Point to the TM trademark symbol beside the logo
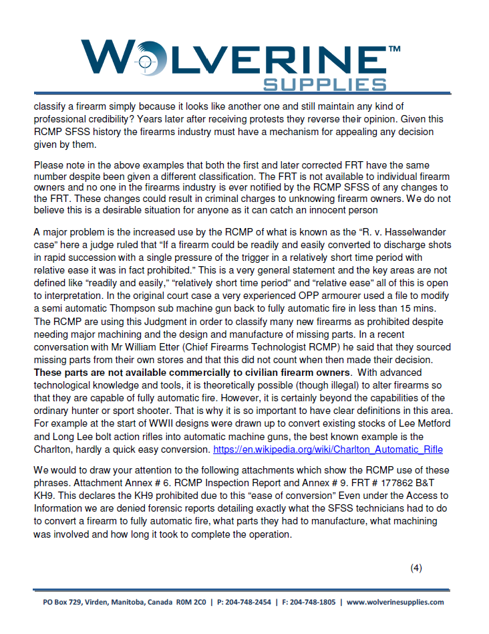click(x=394, y=49)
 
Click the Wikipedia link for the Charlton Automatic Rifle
click(x=328, y=449)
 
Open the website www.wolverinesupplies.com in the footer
click(x=395, y=602)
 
